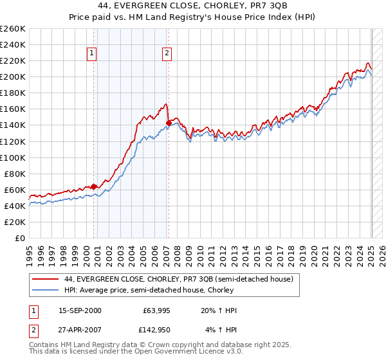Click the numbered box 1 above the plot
pos(93,54)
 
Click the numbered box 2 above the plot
pos(167,54)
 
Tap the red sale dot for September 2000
pos(93,186)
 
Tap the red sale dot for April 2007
pos(169,122)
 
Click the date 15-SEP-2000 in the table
pos(80,311)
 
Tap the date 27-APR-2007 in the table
pos(80,330)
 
